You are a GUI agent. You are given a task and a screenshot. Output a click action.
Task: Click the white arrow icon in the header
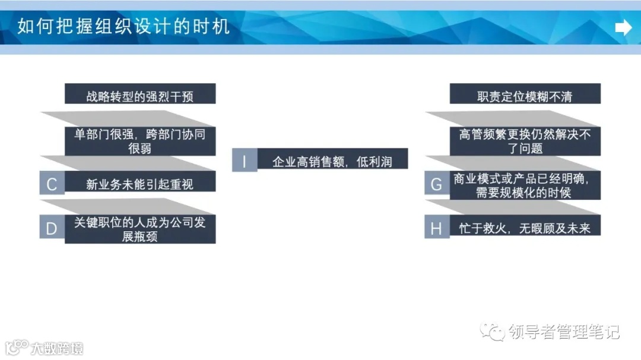[623, 27]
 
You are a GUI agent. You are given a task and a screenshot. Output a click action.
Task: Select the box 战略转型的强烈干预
[140, 95]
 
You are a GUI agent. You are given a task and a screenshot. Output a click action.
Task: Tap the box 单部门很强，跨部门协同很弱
[140, 141]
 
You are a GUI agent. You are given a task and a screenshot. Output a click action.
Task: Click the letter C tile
[52, 184]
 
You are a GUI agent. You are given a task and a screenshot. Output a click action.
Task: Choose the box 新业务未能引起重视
[140, 184]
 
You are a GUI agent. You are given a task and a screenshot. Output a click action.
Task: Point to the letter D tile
[52, 228]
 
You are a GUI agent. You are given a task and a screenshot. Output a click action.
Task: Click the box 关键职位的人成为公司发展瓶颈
[140, 229]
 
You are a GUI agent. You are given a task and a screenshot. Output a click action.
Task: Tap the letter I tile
[244, 161]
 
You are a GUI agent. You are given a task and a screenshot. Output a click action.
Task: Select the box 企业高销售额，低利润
[332, 161]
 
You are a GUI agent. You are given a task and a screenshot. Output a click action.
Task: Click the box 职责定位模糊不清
[525, 95]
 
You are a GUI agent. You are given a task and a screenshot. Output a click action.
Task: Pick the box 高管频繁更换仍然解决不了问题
[525, 141]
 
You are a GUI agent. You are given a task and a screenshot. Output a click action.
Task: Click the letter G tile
[436, 184]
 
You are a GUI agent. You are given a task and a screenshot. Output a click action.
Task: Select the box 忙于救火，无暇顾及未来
[525, 228]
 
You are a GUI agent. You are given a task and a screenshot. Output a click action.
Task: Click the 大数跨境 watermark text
[58, 348]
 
